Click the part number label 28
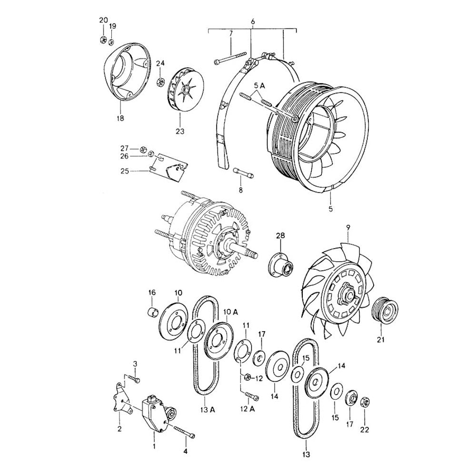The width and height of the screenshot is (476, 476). point(280,236)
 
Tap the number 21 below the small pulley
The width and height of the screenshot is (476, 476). point(380,340)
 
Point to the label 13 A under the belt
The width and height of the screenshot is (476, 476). point(208,410)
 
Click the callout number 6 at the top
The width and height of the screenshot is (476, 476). point(252,21)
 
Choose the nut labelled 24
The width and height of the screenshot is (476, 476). point(161,81)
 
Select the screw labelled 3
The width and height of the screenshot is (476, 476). point(136,380)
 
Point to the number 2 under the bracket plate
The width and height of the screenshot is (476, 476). point(119,429)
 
